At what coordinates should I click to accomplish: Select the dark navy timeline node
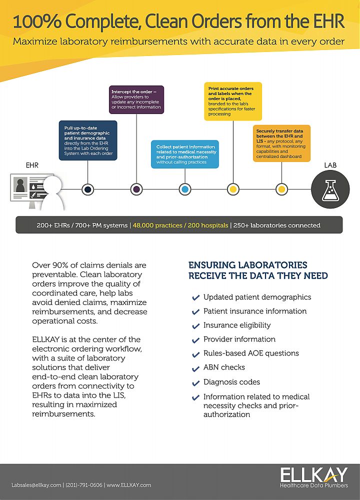88,189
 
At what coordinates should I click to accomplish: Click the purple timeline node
136,189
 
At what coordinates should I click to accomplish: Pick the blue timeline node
185,189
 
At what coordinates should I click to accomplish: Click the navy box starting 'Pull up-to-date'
88,140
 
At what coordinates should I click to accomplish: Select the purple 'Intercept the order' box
136,100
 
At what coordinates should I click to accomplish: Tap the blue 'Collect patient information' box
185,154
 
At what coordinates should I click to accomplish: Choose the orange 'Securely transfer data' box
281,143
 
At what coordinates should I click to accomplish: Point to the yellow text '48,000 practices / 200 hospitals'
179,225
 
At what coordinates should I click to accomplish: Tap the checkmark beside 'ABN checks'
196,368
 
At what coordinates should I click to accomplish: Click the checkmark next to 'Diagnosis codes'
196,382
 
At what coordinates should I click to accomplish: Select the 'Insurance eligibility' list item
236,325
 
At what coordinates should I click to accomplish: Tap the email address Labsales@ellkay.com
36,485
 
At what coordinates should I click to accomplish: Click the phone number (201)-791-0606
84,485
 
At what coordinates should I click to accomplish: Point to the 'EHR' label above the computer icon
32,164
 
